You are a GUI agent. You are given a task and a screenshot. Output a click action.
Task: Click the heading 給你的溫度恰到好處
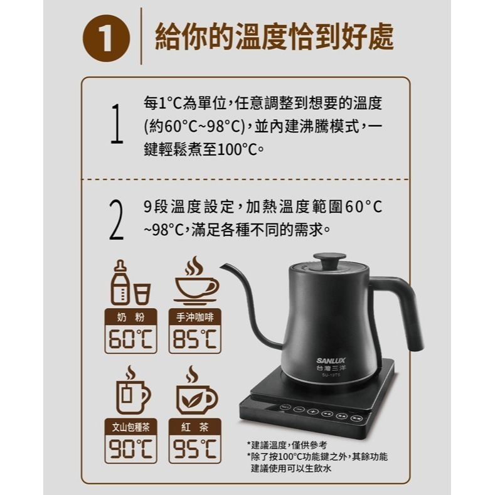click(274, 37)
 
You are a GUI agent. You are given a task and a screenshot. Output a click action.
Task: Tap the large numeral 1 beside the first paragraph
click(115, 124)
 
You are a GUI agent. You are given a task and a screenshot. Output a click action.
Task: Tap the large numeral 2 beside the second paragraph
click(115, 220)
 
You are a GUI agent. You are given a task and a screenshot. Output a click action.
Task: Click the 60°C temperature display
click(130, 339)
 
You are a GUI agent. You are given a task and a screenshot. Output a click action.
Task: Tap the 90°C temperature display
click(130, 449)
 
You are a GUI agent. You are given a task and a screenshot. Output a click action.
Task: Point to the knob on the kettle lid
click(331, 255)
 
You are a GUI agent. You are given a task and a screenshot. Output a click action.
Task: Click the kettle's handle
click(407, 307)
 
